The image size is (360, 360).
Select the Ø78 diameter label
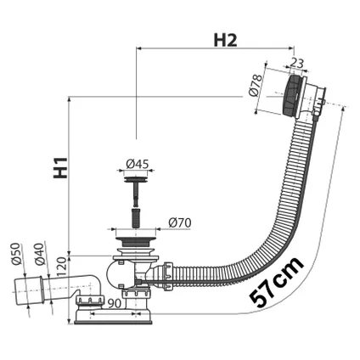coord(262,84)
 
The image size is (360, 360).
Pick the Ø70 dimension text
coord(180,222)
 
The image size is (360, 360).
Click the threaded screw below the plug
coord(132,201)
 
